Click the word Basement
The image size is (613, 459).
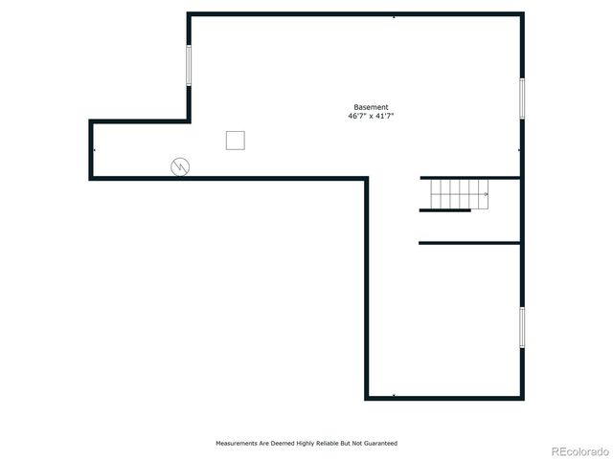[x=371, y=107]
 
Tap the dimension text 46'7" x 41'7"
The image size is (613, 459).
[x=371, y=116]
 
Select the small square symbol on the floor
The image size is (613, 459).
[x=236, y=141]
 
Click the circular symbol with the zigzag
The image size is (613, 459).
[x=180, y=166]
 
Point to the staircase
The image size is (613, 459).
[x=458, y=194]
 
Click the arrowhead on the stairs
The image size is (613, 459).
[x=486, y=194]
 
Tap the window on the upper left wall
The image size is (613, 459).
[x=188, y=66]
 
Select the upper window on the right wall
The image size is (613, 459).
[x=522, y=98]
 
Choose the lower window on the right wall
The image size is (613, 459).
[x=522, y=327]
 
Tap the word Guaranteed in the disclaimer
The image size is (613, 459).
[x=377, y=444]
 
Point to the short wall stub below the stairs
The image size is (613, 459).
[x=444, y=210]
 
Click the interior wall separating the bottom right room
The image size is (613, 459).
[x=469, y=243]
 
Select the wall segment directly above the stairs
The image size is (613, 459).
[x=469, y=178]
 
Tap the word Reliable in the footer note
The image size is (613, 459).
[x=323, y=444]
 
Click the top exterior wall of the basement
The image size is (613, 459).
[x=354, y=13]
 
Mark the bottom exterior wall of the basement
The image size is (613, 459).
[x=444, y=398]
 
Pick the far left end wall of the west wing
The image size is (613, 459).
[x=91, y=149]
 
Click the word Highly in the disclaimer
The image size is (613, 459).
[x=297, y=444]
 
